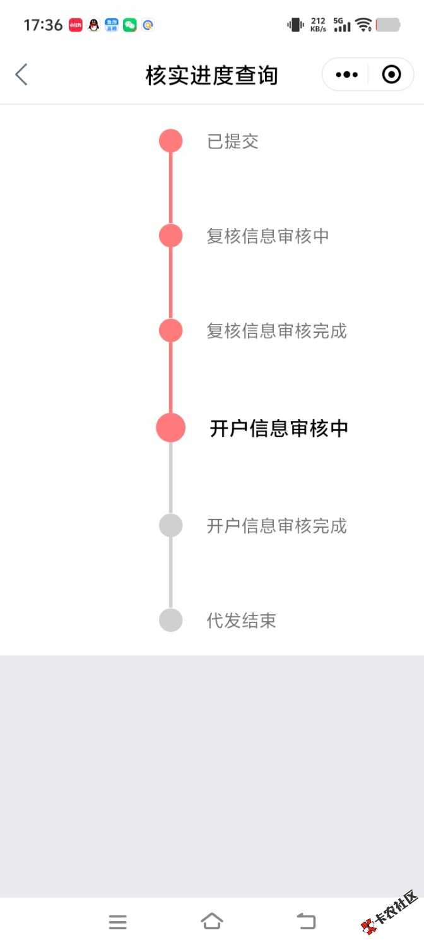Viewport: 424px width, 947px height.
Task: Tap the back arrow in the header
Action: click(21, 75)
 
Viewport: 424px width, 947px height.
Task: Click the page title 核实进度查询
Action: click(211, 75)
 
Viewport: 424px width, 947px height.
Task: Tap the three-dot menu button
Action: click(347, 75)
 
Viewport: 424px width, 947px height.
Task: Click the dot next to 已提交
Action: click(170, 141)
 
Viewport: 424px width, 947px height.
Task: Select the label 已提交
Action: click(233, 141)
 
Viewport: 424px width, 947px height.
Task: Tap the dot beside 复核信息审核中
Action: click(170, 235)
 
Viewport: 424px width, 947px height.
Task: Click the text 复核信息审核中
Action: click(268, 236)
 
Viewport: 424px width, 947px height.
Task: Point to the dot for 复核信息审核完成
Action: click(170, 330)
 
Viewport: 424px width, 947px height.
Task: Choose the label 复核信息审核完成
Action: click(276, 331)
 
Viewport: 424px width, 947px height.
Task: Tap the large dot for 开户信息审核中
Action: click(170, 428)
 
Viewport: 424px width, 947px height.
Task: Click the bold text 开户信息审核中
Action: click(279, 428)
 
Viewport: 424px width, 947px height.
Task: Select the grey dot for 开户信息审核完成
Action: click(170, 525)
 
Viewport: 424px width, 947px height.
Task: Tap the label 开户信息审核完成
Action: click(276, 526)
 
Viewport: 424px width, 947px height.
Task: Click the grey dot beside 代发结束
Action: click(170, 620)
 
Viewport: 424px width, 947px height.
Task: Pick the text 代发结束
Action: click(241, 621)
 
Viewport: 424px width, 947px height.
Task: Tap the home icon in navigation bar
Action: click(212, 921)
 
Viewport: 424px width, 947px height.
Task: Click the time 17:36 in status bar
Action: click(43, 25)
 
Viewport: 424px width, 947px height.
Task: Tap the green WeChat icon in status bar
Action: click(129, 25)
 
